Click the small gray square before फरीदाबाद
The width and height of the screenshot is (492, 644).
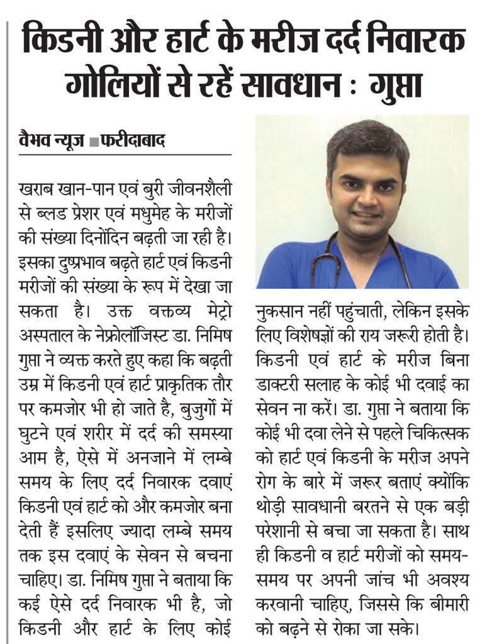pyautogui.click(x=93, y=142)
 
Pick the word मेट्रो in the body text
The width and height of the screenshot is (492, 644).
pyautogui.click(x=213, y=314)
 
